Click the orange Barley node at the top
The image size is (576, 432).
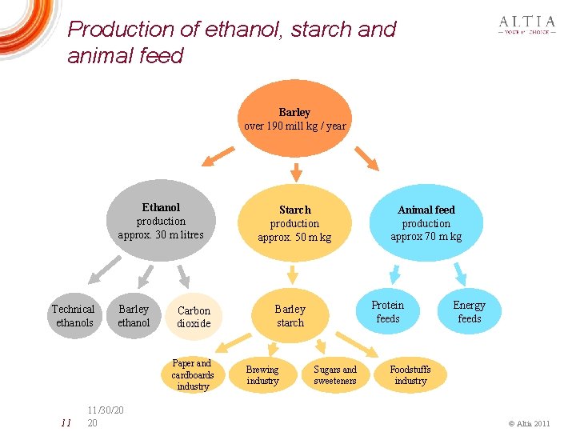coord(294,118)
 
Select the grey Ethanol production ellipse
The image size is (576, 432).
coord(161,219)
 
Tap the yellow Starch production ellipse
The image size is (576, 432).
coord(294,223)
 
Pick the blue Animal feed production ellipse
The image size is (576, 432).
coord(426,223)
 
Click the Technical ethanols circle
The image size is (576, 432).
coord(73,316)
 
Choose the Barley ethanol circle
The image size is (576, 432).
coord(134,316)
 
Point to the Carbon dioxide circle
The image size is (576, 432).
coord(194,317)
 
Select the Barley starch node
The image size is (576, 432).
coord(290,316)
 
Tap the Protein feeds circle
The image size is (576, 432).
coord(388,312)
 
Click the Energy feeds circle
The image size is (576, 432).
coord(469,312)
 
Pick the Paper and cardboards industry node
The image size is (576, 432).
coord(193,374)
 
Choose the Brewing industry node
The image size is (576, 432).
coord(262,375)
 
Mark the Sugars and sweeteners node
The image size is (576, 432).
coord(335,375)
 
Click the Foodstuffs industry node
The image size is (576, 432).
coord(410,374)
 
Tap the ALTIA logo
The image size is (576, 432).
coord(526,26)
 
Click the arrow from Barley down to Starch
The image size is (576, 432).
coord(295,171)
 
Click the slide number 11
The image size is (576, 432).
coord(66,422)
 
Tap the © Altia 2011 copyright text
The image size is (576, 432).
coord(530,422)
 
